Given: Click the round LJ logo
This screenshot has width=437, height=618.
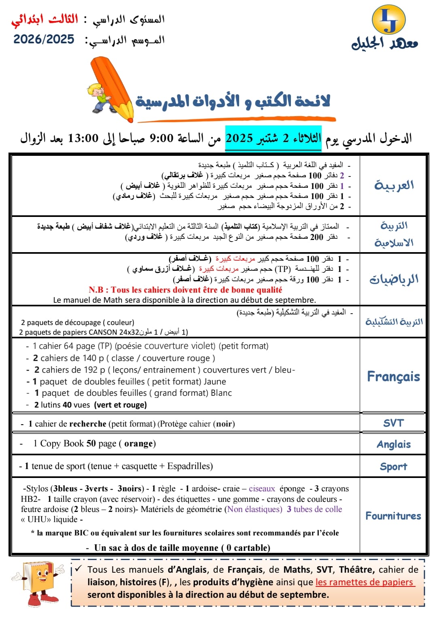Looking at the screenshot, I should [388, 20].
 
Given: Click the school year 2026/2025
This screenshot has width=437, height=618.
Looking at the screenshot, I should [44, 39].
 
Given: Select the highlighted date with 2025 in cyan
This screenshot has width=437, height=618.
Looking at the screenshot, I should [273, 138].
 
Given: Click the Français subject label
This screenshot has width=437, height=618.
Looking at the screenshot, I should [393, 376].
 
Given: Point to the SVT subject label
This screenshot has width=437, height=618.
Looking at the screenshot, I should [393, 423].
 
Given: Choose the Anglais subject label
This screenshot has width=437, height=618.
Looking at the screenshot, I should [393, 444].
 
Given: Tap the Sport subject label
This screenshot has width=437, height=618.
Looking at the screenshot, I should [393, 467].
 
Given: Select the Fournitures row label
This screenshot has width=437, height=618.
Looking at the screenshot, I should [393, 516].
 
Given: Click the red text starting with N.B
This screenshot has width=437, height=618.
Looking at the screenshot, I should [185, 290].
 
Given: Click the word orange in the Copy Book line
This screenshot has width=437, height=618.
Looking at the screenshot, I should [138, 444].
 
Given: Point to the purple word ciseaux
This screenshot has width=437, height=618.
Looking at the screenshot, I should [262, 488].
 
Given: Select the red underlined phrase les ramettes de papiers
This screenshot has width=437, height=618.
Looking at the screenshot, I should [365, 582].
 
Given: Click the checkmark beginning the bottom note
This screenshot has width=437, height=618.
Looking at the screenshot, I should [78, 569].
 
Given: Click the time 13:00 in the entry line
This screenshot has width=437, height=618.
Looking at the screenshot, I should [83, 138].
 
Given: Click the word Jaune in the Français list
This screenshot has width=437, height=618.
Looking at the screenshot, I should [215, 381].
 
